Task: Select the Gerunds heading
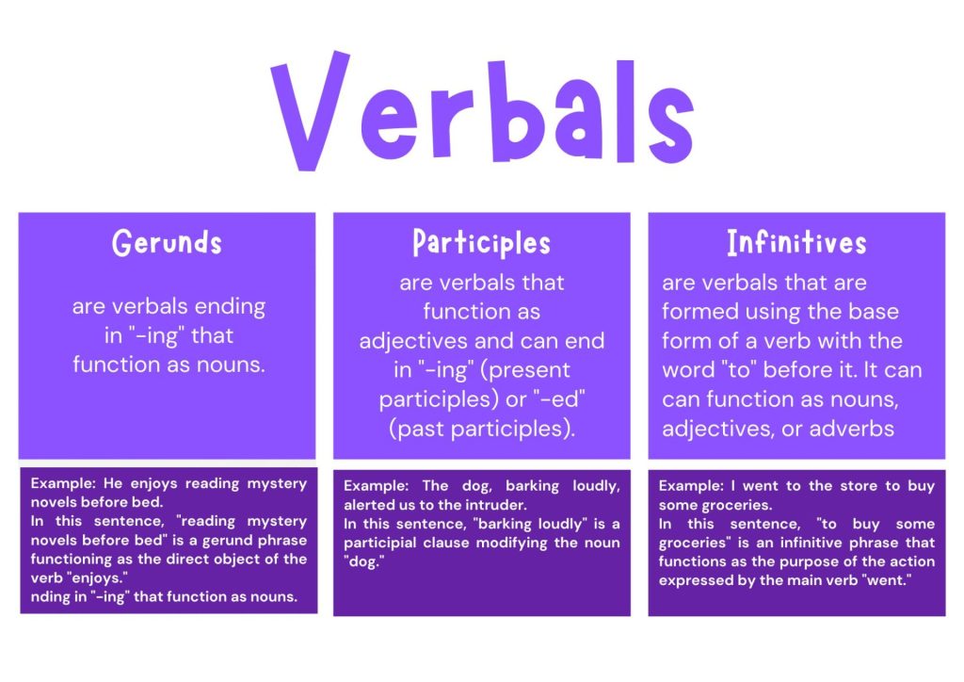click(x=167, y=243)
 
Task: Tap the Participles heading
click(x=481, y=243)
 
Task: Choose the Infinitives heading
click(x=796, y=243)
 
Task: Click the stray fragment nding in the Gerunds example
click(x=51, y=595)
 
